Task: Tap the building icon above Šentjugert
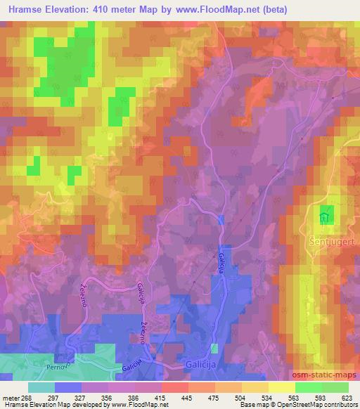[x=323, y=219]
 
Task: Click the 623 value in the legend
[x=347, y=397]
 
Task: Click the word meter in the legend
[x=12, y=397]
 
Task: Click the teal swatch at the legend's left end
[x=41, y=387]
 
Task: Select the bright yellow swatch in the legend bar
[x=281, y=387]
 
